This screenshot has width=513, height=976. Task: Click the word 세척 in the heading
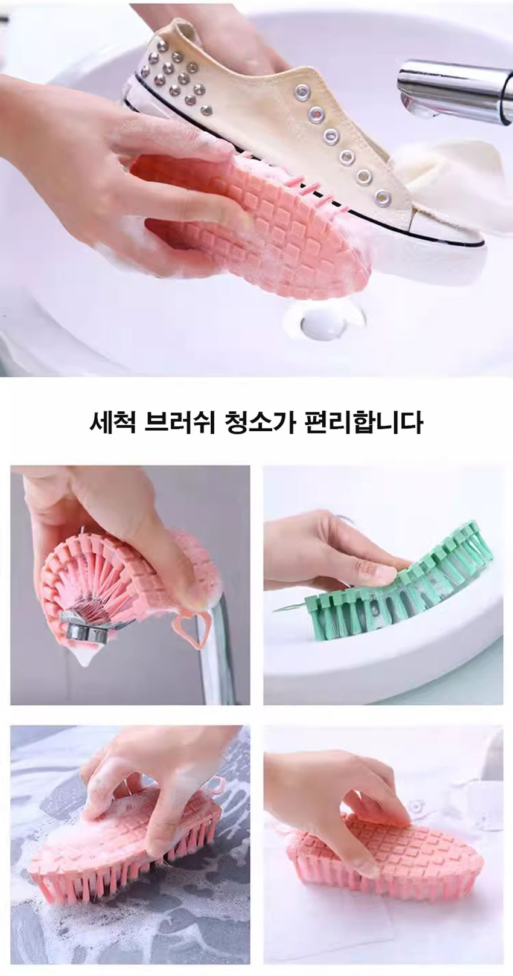click(112, 423)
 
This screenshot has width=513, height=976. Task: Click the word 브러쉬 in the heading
click(179, 423)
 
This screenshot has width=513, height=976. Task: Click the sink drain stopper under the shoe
click(320, 323)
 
